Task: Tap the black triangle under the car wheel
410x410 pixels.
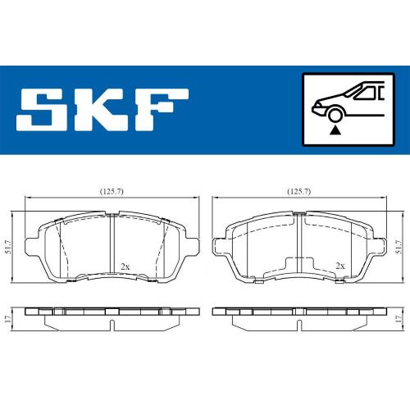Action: point(335,130)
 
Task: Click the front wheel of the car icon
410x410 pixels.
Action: point(335,116)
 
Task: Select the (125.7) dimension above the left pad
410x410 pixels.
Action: point(112,192)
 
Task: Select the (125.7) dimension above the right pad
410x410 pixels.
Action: point(299,192)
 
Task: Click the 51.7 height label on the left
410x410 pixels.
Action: point(8,247)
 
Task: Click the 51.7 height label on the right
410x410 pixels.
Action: point(399,247)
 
